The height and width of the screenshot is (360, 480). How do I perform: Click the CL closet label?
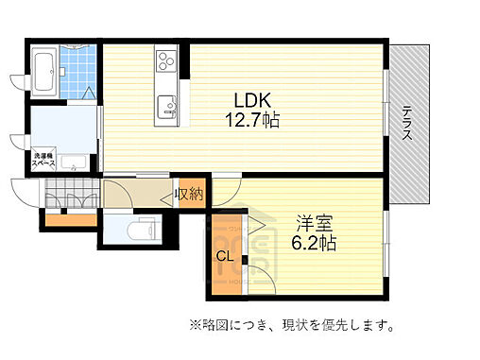click(225, 256)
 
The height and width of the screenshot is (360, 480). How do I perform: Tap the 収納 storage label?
click(189, 195)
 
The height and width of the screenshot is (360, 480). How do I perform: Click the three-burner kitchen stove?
click(165, 62)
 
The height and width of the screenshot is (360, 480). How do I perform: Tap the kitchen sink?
click(168, 107)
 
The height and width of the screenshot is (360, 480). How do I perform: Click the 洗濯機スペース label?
click(43, 159)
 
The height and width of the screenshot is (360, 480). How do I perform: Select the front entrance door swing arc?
click(22, 196)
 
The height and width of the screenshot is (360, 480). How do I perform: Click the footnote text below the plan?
click(290, 327)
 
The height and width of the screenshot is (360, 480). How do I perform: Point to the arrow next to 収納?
click(169, 196)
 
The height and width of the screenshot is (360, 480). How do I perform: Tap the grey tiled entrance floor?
click(70, 197)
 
